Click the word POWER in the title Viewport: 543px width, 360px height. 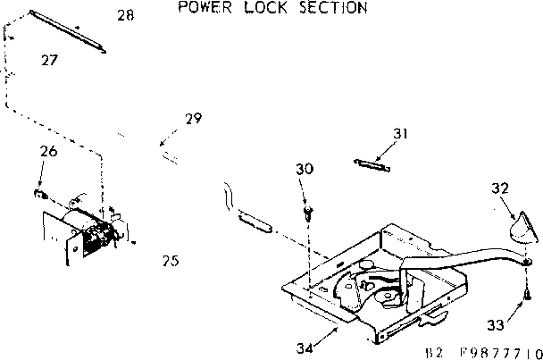pos(202,9)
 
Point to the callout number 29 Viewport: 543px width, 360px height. pos(192,119)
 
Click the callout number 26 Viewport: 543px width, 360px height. pos(48,152)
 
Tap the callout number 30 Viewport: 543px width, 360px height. pos(305,169)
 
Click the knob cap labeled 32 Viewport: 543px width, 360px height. pos(523,227)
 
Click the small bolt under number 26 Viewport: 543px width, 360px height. pos(39,192)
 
